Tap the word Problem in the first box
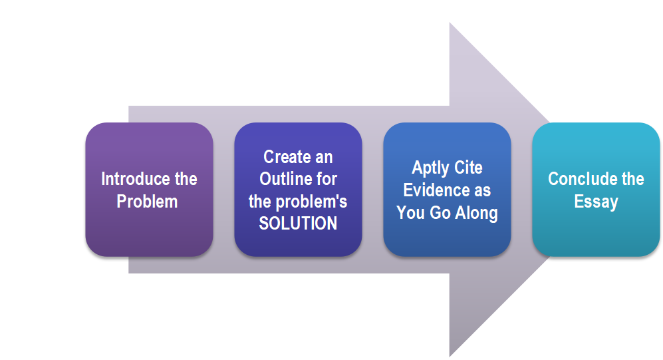point(147,202)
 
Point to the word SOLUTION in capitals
point(298,224)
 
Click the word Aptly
point(430,168)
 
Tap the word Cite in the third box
point(469,168)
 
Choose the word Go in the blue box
point(440,213)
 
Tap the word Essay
point(597,202)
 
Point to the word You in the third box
point(410,213)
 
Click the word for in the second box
point(327,179)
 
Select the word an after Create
point(323,158)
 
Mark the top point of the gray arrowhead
point(450,23)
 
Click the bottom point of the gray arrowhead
point(450,357)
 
